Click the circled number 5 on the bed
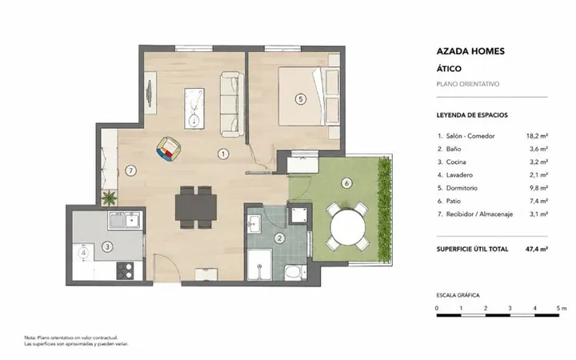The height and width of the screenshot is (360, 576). [301, 99]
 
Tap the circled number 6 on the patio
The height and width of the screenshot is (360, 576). [346, 183]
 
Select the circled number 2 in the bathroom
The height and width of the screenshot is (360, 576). [279, 238]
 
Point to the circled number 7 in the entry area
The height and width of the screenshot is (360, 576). [130, 170]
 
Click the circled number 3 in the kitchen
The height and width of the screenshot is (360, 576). [107, 246]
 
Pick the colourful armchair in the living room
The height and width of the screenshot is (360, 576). [168, 149]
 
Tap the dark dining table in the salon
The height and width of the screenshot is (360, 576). [196, 207]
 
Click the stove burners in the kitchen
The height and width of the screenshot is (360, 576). [125, 270]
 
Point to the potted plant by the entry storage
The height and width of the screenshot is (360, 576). [109, 198]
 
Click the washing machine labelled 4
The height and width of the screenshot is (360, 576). [84, 253]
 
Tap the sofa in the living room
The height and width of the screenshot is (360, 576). [232, 104]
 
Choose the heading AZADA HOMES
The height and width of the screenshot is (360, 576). [470, 51]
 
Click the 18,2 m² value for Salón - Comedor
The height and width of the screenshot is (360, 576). [537, 136]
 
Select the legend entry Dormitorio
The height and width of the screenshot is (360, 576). [462, 188]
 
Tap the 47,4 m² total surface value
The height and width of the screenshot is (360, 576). [537, 249]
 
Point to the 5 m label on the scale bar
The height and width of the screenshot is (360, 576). [562, 308]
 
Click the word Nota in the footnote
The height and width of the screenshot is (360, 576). [30, 338]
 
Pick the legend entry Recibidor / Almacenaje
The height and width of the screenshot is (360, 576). [479, 214]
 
